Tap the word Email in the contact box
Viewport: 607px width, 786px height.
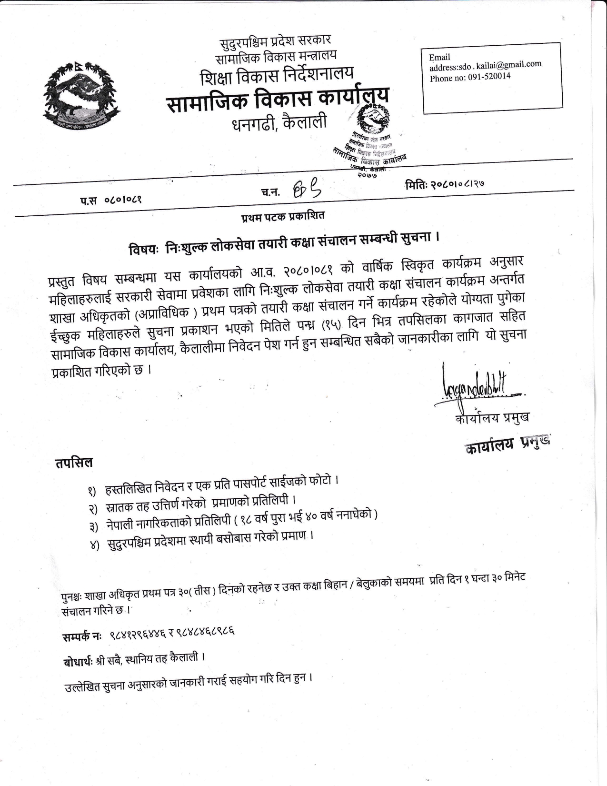[439, 57]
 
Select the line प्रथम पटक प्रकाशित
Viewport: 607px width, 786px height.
[282, 215]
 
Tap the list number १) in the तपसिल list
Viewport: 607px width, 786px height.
[92, 490]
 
